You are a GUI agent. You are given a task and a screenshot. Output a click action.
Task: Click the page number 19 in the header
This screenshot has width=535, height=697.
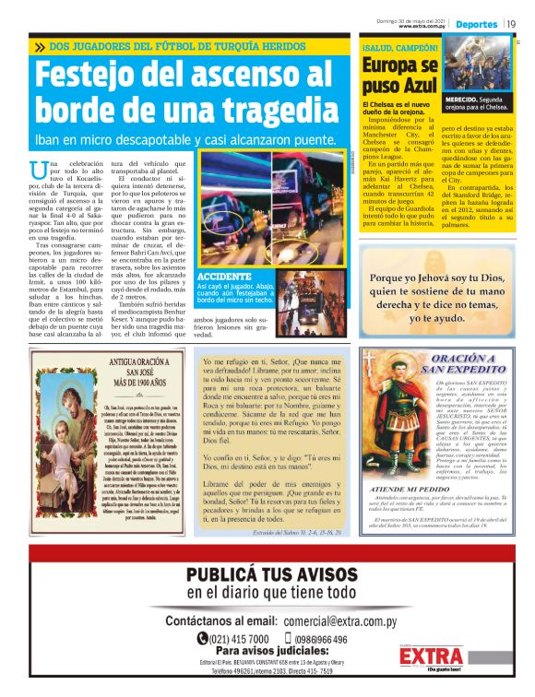tap(510, 23)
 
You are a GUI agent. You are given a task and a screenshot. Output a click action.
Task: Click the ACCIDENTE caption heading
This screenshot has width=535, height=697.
tap(225, 250)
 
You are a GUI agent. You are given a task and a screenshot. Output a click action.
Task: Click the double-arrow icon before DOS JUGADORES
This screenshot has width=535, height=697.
tap(40, 46)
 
